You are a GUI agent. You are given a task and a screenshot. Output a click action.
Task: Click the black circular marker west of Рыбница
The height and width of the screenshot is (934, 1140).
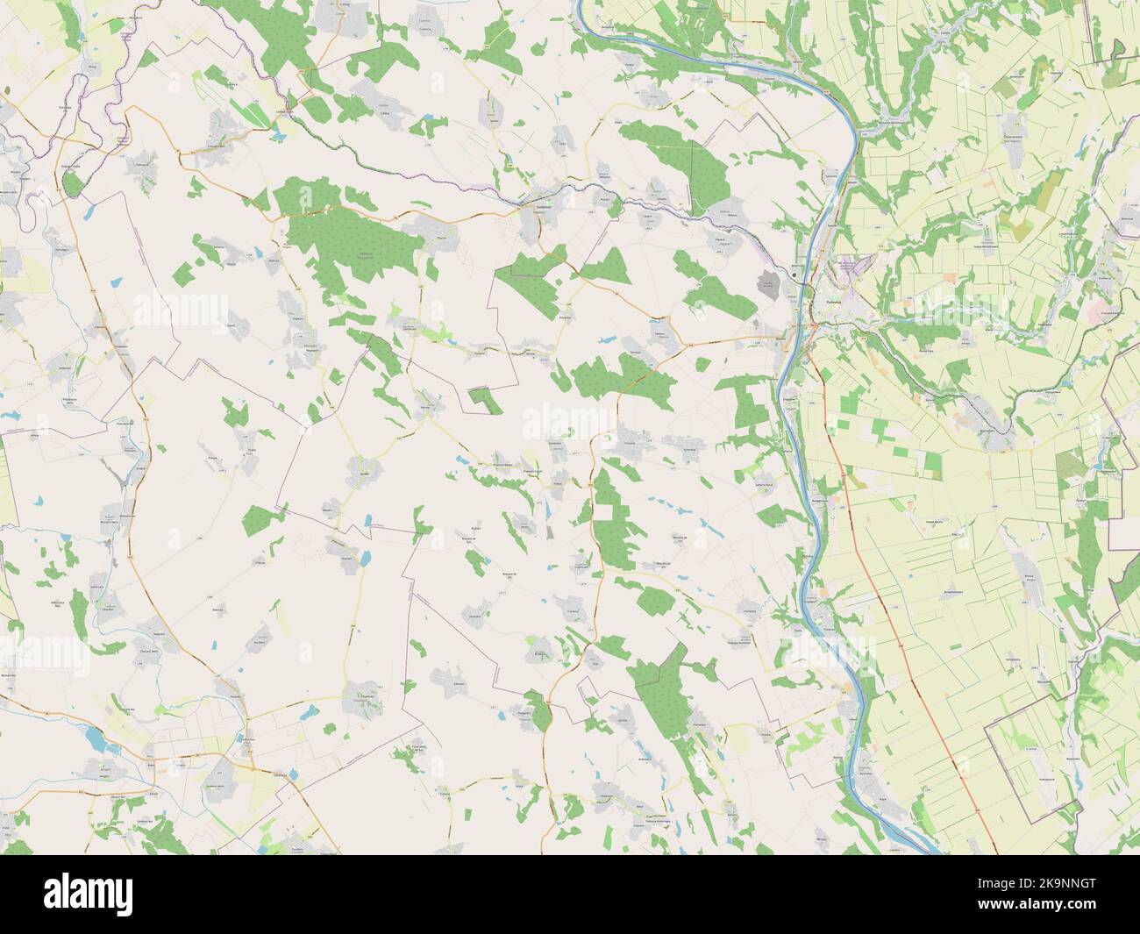coord(794,275)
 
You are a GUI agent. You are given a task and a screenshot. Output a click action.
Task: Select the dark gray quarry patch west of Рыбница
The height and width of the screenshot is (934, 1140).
coord(768,282)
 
